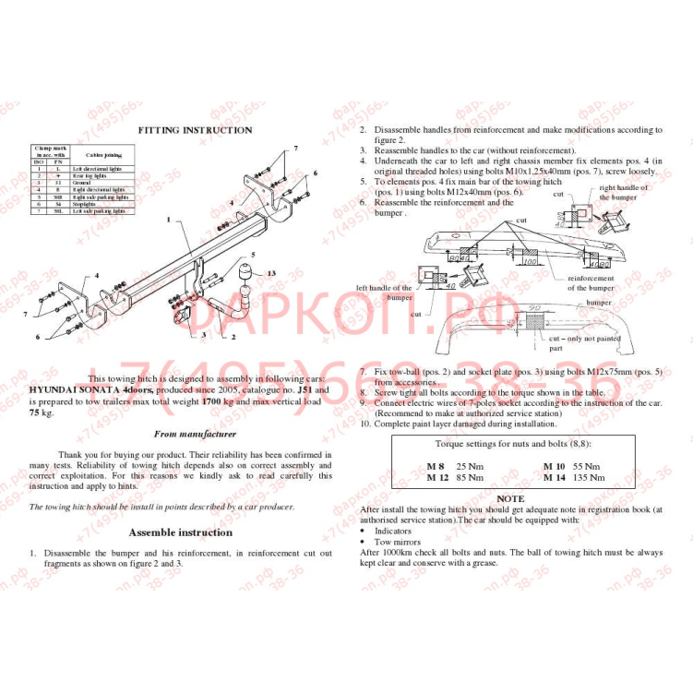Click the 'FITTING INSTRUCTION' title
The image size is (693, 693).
(x=195, y=130)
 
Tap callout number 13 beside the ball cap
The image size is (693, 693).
(x=271, y=274)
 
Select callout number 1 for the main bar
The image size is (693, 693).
(x=169, y=221)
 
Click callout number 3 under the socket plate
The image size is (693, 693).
(x=203, y=336)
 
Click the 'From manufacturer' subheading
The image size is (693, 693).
(x=195, y=434)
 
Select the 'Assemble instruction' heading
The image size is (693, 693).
(x=180, y=532)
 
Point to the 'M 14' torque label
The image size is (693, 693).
(x=554, y=477)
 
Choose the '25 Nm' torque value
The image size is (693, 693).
(x=470, y=467)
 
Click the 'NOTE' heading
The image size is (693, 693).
(x=509, y=498)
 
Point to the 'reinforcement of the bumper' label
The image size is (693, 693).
(x=590, y=282)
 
